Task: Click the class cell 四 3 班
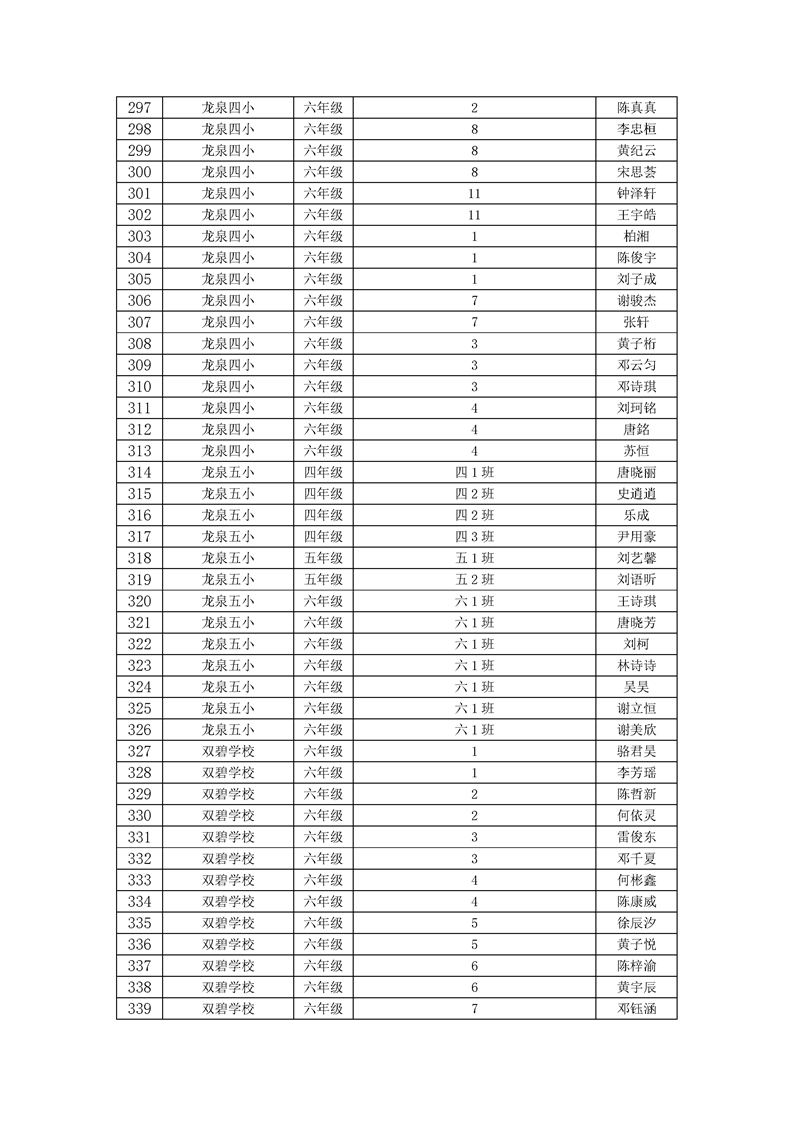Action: pyautogui.click(x=474, y=537)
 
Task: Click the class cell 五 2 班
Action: pyautogui.click(x=474, y=580)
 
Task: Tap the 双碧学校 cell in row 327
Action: pyautogui.click(x=228, y=751)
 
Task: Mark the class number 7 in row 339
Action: pyautogui.click(x=474, y=1009)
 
